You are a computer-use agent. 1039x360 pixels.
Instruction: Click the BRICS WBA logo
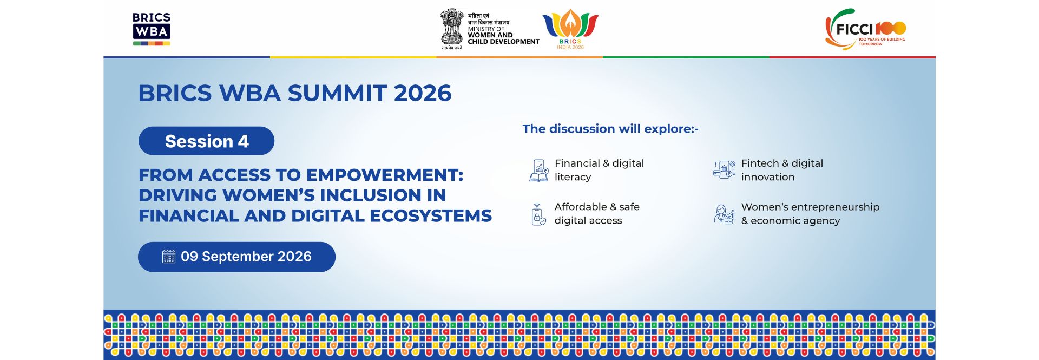coord(152,29)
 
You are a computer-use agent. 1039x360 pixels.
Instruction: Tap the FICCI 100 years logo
coord(865,29)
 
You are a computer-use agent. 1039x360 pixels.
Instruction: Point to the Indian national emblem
coord(452,29)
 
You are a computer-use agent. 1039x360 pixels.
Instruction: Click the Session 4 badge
coord(206,141)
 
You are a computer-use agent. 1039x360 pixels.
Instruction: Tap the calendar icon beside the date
coord(169,257)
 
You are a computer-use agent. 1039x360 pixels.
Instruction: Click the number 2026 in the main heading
coord(423,93)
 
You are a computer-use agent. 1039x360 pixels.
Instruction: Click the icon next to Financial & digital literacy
coord(538,170)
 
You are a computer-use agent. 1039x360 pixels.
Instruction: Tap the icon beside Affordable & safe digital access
coord(538,214)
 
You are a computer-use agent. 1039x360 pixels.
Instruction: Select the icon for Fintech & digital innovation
coord(724,169)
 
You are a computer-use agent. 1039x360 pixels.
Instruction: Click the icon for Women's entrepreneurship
coord(724,214)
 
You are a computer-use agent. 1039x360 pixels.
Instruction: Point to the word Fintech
coord(760,163)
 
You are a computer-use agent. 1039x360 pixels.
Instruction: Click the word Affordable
coord(581,207)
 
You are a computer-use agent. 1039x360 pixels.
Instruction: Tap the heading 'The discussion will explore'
coord(610,129)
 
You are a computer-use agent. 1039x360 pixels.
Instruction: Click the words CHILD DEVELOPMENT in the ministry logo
coord(503,42)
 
